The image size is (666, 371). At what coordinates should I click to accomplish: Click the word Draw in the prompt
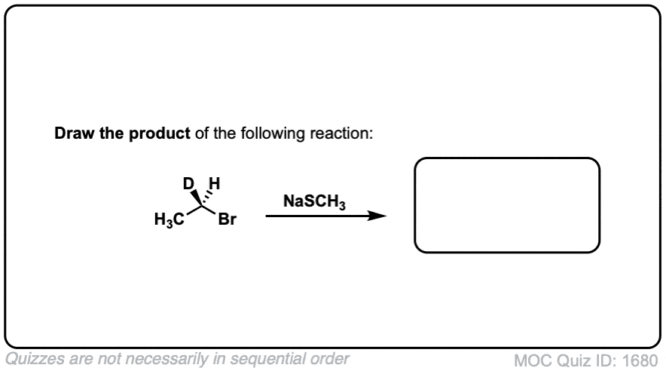click(x=75, y=133)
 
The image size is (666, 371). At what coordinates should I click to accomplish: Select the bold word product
click(x=159, y=134)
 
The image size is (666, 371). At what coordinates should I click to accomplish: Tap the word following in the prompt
click(x=273, y=134)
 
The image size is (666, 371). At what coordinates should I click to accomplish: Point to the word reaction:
click(x=341, y=133)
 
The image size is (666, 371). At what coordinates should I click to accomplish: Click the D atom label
click(x=188, y=183)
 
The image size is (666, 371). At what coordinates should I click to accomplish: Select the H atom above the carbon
click(x=215, y=183)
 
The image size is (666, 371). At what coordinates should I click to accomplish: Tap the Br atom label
click(x=227, y=219)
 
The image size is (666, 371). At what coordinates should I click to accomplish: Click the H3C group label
click(x=169, y=219)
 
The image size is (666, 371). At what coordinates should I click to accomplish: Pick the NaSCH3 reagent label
click(x=314, y=201)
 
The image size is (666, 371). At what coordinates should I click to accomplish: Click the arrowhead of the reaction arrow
click(x=377, y=216)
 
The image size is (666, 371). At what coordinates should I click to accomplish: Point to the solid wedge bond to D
click(x=196, y=198)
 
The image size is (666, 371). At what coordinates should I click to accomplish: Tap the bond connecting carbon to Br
click(x=209, y=210)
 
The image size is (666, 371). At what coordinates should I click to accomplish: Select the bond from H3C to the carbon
click(x=194, y=210)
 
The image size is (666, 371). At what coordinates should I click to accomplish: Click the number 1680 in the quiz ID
click(x=640, y=360)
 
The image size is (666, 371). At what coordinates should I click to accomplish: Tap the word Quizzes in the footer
click(x=35, y=359)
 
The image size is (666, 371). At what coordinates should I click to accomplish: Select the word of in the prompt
click(x=202, y=133)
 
